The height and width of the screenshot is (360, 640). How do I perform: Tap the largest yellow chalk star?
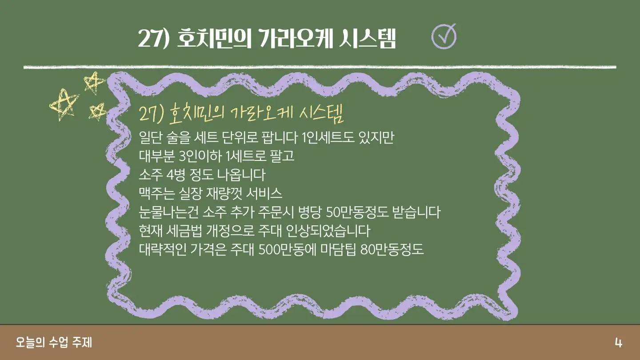64,105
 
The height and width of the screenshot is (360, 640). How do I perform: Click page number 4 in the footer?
619,343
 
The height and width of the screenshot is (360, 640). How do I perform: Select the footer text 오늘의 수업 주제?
54,342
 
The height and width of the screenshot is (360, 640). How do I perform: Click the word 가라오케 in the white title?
296,39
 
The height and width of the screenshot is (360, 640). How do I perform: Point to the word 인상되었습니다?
328,231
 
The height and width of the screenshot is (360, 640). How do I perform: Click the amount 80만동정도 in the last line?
392,250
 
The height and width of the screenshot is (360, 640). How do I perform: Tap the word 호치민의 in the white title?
214,39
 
